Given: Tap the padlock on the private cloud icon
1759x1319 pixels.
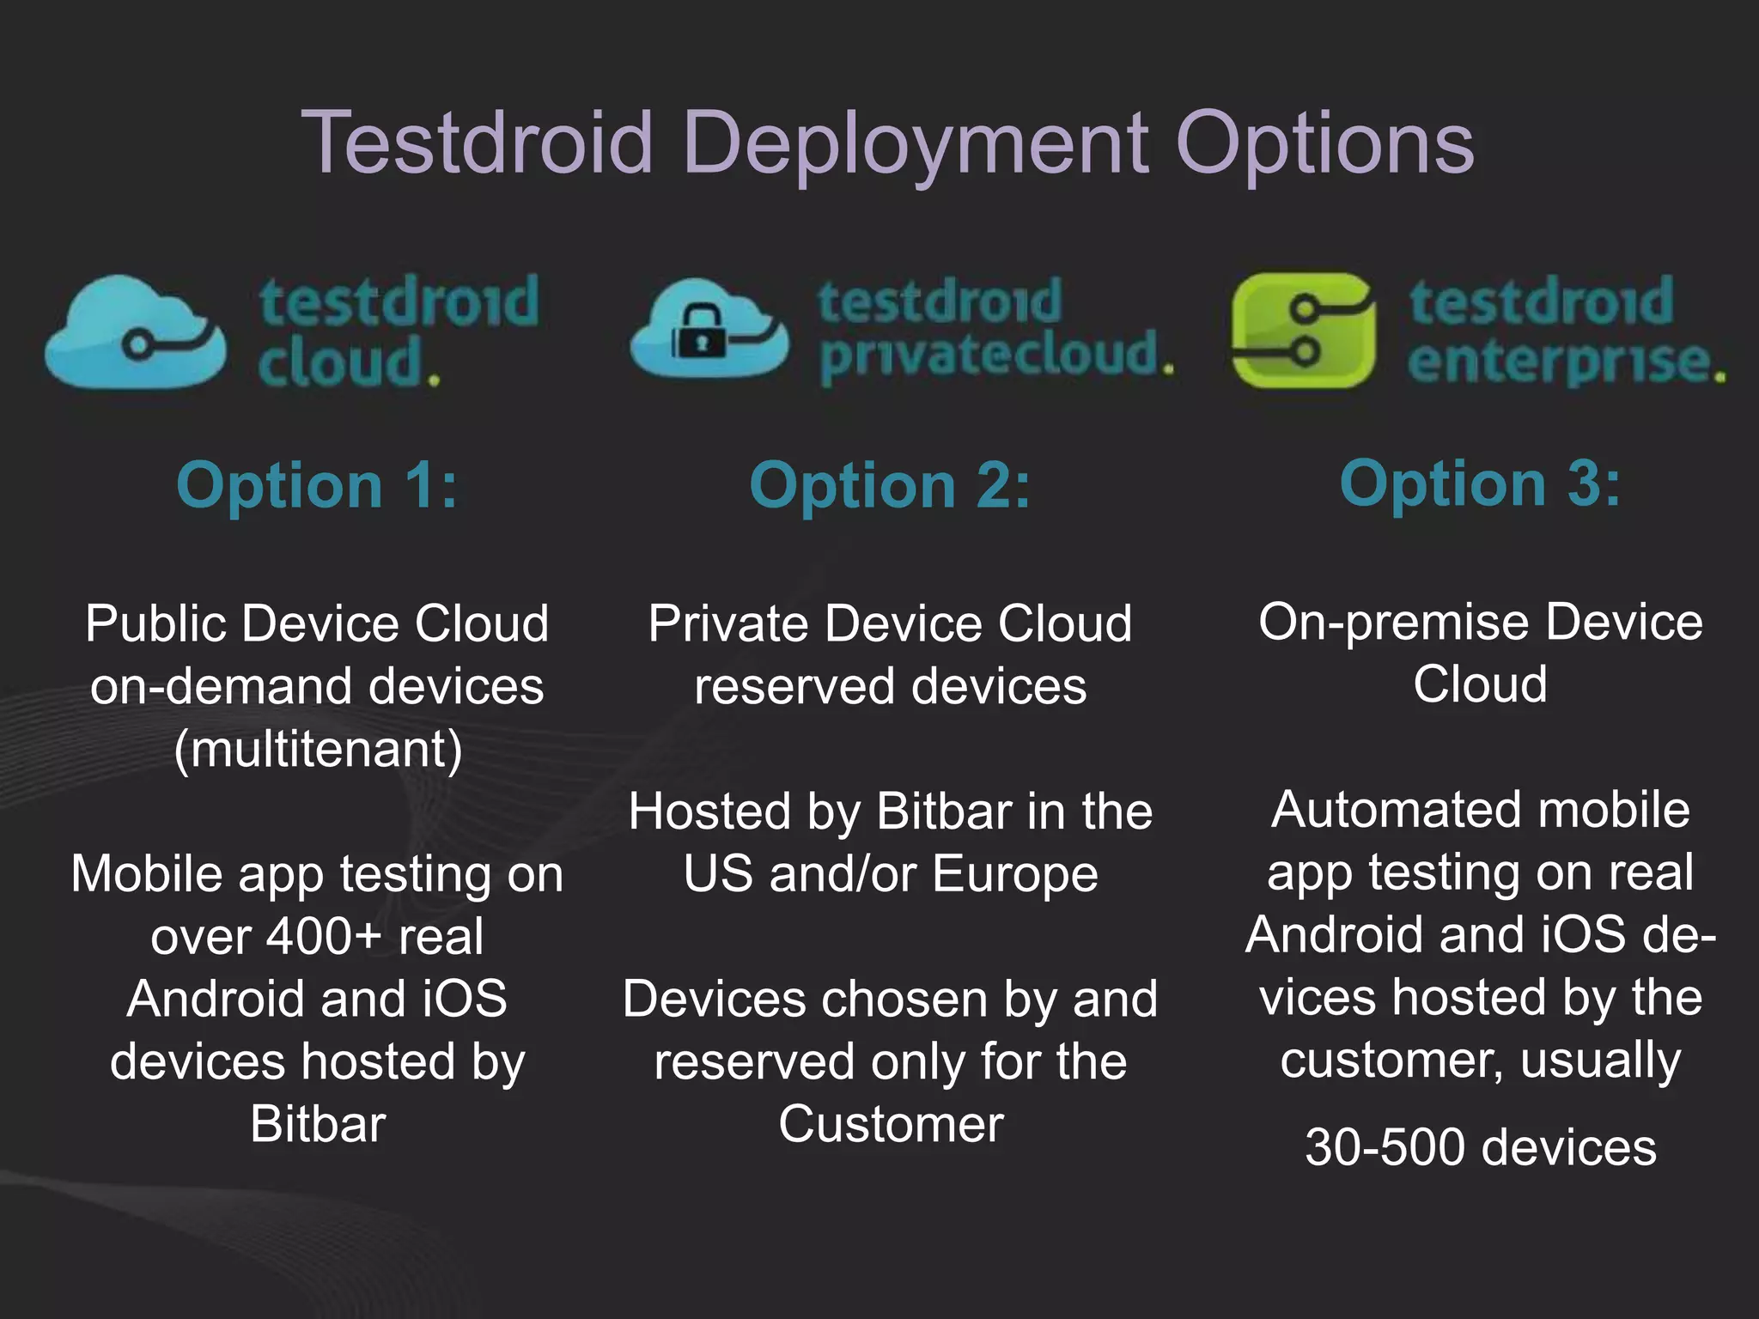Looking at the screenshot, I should pyautogui.click(x=700, y=335).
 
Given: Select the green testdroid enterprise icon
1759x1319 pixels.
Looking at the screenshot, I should pyautogui.click(x=1303, y=331).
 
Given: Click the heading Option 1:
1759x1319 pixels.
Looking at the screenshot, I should pyautogui.click(x=317, y=485).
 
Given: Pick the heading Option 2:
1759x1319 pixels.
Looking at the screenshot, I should pyautogui.click(x=890, y=485).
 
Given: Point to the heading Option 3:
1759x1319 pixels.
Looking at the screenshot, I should pyautogui.click(x=1480, y=483).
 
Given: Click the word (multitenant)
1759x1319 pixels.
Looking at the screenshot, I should pyautogui.click(x=318, y=749).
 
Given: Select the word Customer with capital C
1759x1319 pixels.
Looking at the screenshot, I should pyautogui.click(x=891, y=1124).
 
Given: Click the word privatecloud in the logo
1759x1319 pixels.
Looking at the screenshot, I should pyautogui.click(x=995, y=356).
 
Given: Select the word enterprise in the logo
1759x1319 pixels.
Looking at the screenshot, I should pyautogui.click(x=1565, y=362).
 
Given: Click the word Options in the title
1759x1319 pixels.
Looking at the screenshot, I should pyautogui.click(x=1324, y=144).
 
